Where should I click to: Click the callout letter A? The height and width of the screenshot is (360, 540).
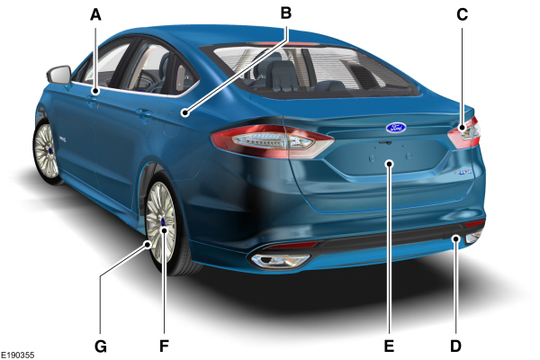(95, 14)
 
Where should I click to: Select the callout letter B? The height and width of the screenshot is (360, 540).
(286, 13)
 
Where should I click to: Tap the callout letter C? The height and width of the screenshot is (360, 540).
(463, 14)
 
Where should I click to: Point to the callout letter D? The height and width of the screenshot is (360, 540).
(455, 346)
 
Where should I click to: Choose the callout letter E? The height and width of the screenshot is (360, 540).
(389, 346)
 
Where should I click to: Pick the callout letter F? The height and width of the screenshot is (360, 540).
(165, 346)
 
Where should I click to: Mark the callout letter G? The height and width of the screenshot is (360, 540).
(101, 346)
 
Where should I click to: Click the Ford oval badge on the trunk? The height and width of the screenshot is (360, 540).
(396, 128)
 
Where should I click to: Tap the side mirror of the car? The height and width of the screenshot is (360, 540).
(59, 75)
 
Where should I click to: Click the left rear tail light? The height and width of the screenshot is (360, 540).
(272, 141)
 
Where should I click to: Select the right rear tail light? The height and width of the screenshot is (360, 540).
(464, 132)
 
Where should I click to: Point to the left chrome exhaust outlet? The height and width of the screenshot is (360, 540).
(279, 261)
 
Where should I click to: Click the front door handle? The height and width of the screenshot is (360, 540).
(92, 102)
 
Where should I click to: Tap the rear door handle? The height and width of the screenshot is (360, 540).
(144, 113)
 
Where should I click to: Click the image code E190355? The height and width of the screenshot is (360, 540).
(18, 355)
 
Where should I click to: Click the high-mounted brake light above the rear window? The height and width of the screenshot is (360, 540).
(286, 44)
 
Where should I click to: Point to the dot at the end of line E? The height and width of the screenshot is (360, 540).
(390, 163)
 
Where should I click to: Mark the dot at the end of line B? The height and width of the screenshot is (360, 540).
(185, 112)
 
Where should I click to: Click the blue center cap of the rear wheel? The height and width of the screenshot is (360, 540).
(163, 222)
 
